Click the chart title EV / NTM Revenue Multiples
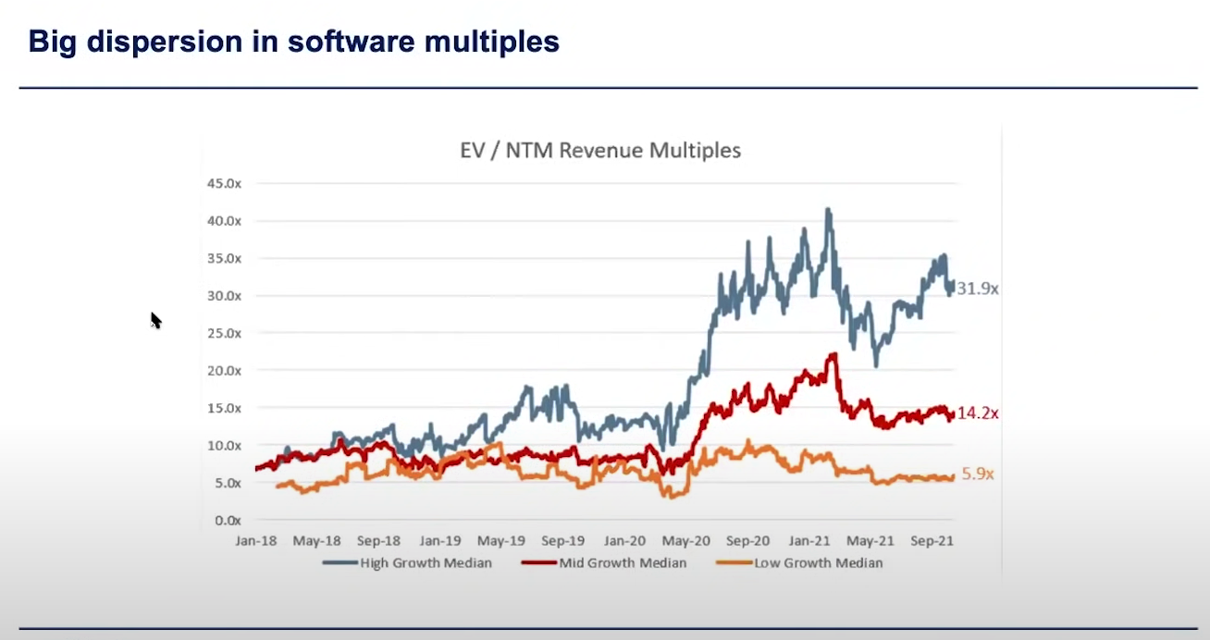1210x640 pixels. [x=600, y=150]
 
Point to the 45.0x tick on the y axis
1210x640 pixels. [x=224, y=183]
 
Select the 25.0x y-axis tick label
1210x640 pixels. [x=224, y=333]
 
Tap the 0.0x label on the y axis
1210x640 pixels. [x=228, y=520]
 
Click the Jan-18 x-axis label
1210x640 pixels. [x=256, y=540]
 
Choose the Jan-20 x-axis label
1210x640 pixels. [x=624, y=540]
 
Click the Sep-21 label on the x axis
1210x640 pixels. [x=931, y=540]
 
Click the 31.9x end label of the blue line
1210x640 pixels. [x=977, y=289]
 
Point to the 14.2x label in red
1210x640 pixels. [x=977, y=413]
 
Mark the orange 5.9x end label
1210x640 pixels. [x=977, y=474]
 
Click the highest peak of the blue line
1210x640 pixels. [x=828, y=210]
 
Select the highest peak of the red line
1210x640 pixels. [x=833, y=354]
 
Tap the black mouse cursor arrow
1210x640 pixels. [x=155, y=320]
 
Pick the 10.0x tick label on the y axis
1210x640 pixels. [x=224, y=445]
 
